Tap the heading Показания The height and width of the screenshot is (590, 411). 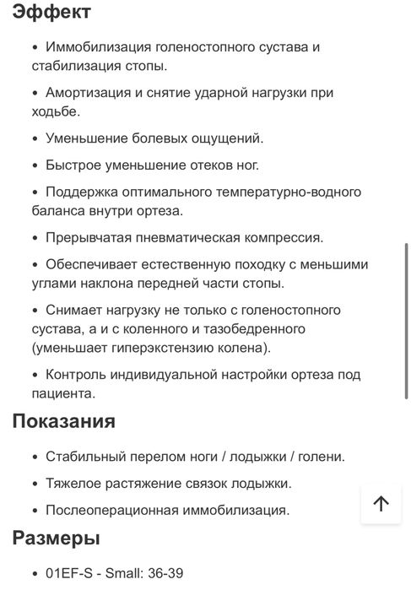[x=63, y=421]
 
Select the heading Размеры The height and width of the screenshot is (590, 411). [x=56, y=539]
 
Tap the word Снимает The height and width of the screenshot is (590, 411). [x=76, y=310]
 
